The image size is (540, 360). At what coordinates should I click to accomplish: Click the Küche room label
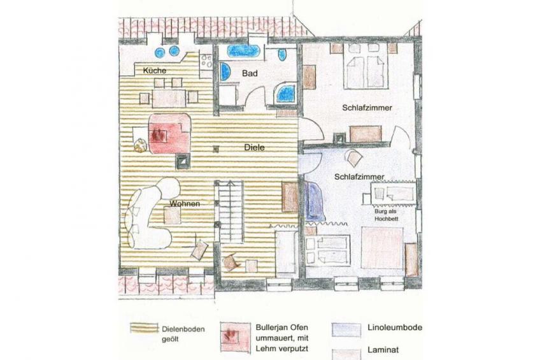[155, 71]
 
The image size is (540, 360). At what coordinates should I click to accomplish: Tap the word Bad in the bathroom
[250, 73]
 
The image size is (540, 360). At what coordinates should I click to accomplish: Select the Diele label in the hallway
[255, 147]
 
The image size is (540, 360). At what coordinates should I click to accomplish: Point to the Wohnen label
[185, 204]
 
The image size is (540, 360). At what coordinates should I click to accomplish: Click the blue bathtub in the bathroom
[243, 52]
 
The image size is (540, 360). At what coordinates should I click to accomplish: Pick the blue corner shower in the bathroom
[285, 93]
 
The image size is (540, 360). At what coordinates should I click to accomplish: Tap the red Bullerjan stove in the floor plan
[169, 133]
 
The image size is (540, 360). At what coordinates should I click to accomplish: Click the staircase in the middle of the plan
[229, 212]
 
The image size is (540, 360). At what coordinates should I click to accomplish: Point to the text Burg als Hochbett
[386, 215]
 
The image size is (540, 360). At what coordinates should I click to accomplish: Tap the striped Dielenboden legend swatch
[144, 328]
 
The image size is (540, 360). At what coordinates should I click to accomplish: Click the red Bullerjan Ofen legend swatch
[236, 337]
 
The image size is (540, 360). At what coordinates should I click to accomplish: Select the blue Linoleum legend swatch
[346, 329]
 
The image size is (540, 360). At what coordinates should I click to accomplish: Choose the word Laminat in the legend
[383, 350]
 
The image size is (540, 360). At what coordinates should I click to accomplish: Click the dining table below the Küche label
[169, 98]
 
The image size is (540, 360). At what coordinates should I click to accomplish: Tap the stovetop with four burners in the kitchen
[206, 61]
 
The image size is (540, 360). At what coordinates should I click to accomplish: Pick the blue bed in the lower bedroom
[315, 201]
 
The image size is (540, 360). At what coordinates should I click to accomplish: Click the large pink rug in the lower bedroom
[382, 247]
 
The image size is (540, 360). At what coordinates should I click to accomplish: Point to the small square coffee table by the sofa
[173, 215]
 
